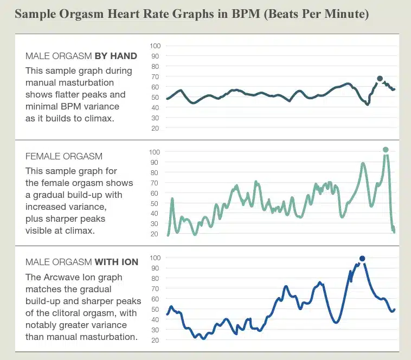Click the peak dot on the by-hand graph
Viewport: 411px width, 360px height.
tap(380, 79)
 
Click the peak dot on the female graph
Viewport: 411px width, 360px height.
tap(386, 150)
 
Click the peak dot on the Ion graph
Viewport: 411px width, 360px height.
tap(362, 259)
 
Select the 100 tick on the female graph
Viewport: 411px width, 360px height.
tap(155, 152)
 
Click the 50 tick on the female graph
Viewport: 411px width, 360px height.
tap(155, 203)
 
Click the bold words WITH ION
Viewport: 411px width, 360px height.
tap(117, 262)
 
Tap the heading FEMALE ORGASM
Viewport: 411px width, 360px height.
tap(64, 157)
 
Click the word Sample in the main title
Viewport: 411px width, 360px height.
tap(34, 14)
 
